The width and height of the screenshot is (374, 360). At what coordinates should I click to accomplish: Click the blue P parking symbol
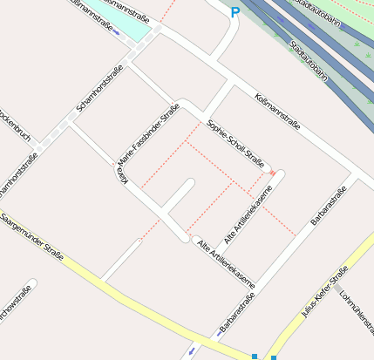235,12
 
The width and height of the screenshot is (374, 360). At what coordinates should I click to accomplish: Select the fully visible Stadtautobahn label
309,60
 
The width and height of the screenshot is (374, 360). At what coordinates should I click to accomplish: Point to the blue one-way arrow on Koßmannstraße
117,34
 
